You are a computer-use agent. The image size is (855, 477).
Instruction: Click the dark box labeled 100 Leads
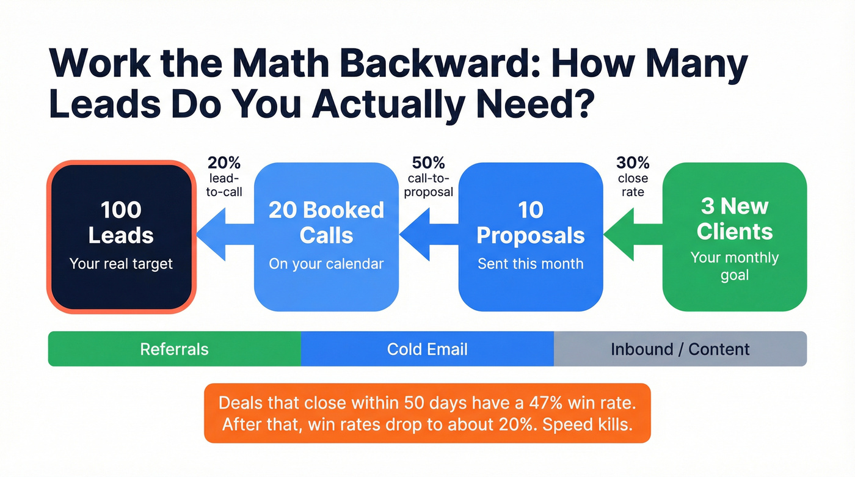pos(121,236)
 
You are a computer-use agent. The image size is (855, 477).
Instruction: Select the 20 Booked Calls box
pos(326,236)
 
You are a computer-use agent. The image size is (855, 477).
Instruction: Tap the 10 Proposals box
pos(530,236)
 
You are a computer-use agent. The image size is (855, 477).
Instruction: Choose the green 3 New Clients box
pos(734,236)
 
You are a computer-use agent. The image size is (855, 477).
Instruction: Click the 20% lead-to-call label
pos(224,177)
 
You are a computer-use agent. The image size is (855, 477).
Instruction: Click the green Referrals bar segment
pos(174,349)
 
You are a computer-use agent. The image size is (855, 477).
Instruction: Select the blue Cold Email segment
pos(428,349)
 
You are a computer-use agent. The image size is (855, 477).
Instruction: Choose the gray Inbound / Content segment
pos(680,349)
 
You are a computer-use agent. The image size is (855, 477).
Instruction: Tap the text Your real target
pos(121,264)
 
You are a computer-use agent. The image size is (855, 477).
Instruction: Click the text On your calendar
pos(326,264)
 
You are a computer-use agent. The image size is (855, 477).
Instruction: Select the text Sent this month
pos(530,264)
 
